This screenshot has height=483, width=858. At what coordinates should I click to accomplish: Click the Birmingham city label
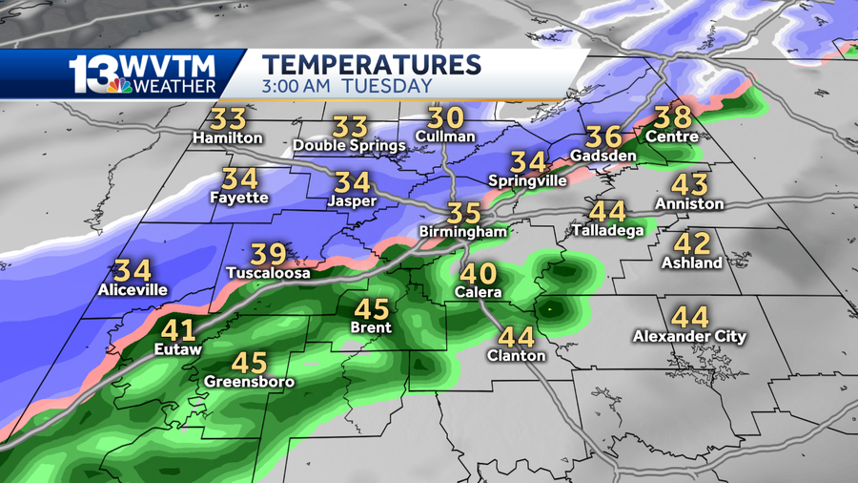tap(462, 232)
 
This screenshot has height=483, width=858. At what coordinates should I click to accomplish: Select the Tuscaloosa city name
tap(268, 273)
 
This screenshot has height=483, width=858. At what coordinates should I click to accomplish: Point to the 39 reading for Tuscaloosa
tap(268, 255)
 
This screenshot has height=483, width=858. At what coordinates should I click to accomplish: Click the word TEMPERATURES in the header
tap(371, 65)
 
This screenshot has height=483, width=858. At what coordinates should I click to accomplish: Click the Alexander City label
tap(689, 336)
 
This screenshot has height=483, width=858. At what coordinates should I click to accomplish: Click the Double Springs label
tap(349, 145)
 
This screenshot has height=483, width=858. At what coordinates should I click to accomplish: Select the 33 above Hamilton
tap(227, 119)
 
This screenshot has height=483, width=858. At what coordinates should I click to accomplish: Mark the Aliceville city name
tap(133, 289)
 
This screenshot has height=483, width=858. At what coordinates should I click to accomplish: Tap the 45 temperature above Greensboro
tap(249, 364)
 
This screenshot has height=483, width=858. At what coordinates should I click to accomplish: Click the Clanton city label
tap(516, 355)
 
